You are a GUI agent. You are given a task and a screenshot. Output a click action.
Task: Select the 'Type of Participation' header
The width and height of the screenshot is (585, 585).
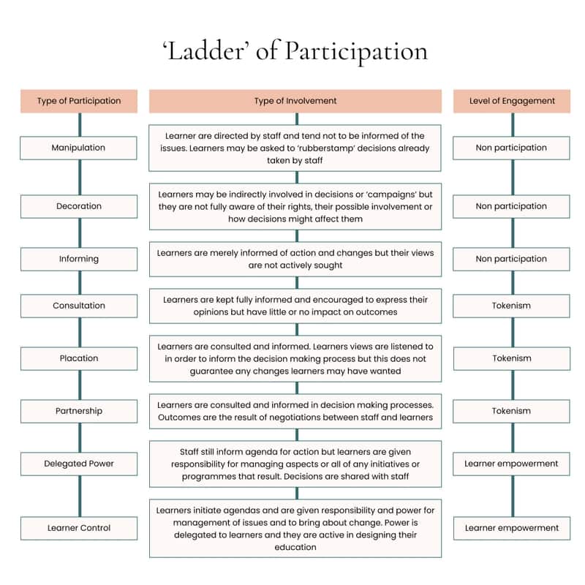(x=79, y=101)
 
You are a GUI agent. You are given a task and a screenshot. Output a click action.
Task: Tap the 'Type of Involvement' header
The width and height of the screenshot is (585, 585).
(x=295, y=101)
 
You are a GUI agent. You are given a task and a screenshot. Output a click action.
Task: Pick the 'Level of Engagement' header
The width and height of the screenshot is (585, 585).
(x=512, y=101)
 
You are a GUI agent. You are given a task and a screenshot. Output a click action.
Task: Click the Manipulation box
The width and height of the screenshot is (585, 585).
(x=79, y=148)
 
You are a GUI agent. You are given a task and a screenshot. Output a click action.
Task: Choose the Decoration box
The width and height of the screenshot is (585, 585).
(x=79, y=206)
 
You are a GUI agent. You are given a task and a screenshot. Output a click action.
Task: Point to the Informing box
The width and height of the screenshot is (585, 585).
(x=79, y=259)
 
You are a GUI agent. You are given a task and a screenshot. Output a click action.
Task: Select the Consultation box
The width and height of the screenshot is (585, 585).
(x=79, y=306)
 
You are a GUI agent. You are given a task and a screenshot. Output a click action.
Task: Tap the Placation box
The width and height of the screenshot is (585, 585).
(x=79, y=358)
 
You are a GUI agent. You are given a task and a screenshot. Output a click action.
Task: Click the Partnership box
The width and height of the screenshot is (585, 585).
(x=79, y=411)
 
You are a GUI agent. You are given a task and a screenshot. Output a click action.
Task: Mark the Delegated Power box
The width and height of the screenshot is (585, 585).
(x=79, y=464)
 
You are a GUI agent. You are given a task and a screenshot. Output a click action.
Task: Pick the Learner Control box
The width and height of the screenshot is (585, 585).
(x=79, y=528)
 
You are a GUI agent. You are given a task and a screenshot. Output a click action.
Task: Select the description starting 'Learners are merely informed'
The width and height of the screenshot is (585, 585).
(x=295, y=259)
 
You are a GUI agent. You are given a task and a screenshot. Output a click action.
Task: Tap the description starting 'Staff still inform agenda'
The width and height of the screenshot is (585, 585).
(x=295, y=464)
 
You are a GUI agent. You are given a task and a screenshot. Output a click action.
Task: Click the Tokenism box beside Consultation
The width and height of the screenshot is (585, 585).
(x=512, y=306)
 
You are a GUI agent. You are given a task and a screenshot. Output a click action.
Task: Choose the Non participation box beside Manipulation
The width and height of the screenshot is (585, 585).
(x=512, y=148)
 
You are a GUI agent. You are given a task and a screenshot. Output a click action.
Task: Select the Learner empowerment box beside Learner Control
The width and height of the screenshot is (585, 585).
(x=512, y=528)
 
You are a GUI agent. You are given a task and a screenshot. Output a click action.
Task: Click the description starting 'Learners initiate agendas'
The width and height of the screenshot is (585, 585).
(x=295, y=528)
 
